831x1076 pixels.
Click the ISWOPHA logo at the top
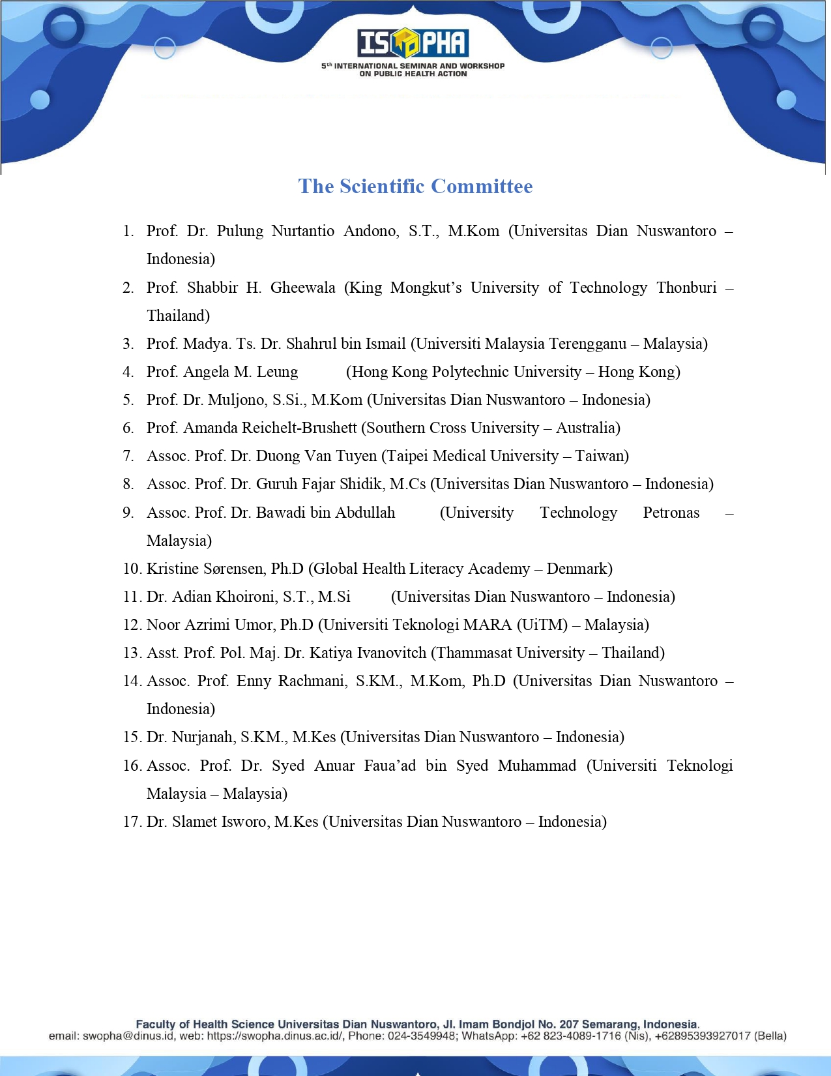click(413, 43)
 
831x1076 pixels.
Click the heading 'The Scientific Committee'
click(415, 187)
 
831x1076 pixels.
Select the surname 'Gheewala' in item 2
click(302, 288)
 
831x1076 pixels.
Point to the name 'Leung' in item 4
click(277, 372)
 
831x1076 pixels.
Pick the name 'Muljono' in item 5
click(237, 400)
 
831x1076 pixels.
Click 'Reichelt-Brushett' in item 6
click(299, 428)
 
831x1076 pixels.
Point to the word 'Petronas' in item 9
click(671, 513)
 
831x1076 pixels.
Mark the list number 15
click(132, 737)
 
